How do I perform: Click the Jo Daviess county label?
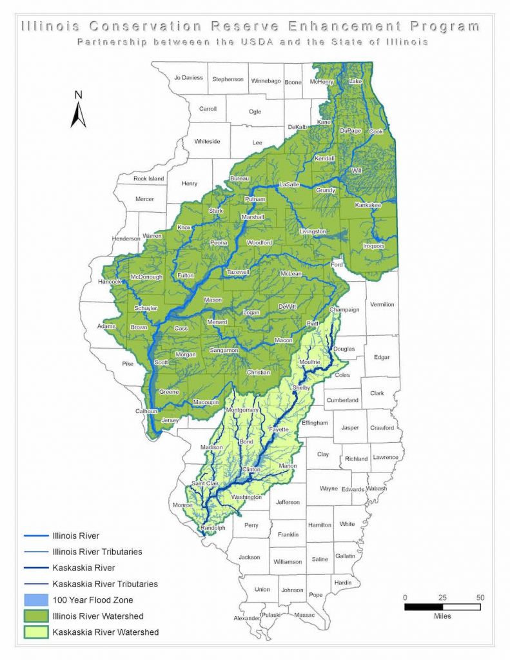coord(188,78)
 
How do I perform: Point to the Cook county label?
coord(376,131)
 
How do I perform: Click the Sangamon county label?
coord(224,350)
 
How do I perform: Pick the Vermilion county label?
coord(382,304)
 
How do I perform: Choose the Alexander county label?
coord(247,619)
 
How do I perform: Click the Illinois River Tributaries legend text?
coord(97,552)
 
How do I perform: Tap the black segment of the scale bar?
coord(424,607)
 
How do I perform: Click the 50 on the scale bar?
coord(480,597)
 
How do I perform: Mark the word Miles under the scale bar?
coord(442,616)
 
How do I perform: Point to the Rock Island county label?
coord(148,179)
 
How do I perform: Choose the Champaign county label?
coord(344,310)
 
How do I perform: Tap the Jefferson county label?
coord(288,502)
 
